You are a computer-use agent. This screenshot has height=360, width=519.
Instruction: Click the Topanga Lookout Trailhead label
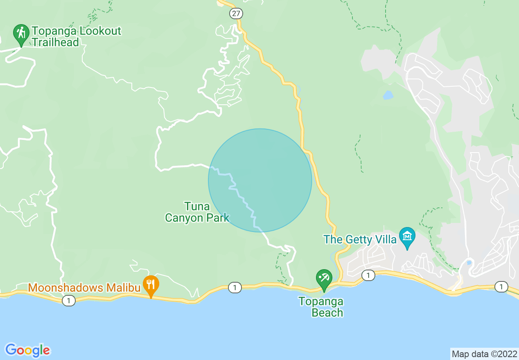click(77, 36)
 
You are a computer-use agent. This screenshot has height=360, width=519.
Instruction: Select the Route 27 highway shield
click(236, 13)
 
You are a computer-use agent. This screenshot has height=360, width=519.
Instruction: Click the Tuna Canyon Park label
click(197, 212)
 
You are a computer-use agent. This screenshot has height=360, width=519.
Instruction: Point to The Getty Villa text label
click(360, 239)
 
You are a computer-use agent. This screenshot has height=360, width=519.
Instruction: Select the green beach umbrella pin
click(324, 279)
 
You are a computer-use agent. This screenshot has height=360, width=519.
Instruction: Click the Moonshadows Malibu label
click(85, 288)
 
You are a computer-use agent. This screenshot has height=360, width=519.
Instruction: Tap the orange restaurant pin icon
click(151, 284)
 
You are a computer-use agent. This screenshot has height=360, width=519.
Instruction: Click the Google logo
click(28, 350)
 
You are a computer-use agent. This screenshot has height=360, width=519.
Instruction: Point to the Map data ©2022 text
click(484, 353)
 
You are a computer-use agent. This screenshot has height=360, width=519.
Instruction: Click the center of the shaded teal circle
click(260, 180)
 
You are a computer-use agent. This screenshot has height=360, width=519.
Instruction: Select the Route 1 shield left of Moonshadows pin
click(69, 301)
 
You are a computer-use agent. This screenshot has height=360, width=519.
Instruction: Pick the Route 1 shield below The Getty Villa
click(368, 275)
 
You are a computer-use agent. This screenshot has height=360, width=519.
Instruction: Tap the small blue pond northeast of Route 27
click(388, 95)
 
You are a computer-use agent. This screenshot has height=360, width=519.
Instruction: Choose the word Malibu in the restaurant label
click(122, 288)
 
